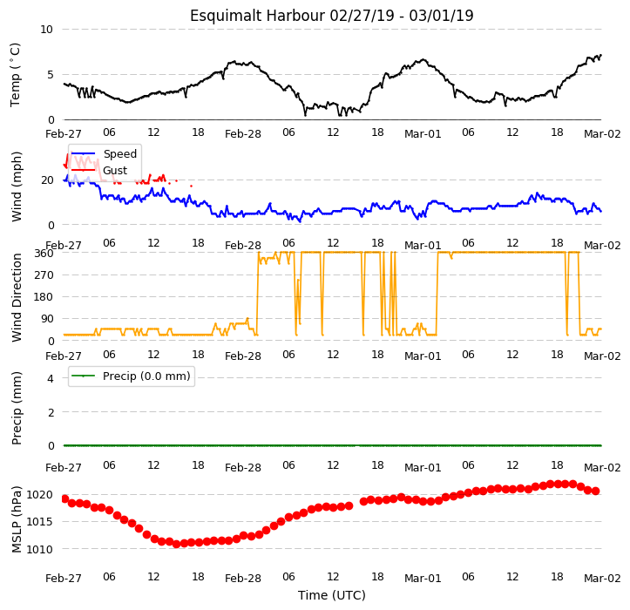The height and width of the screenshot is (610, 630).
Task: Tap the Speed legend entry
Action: pyautogui.click(x=104, y=154)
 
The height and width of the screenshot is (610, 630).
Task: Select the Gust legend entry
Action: pyautogui.click(x=99, y=171)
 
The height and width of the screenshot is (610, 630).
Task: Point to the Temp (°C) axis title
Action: pyautogui.click(x=15, y=75)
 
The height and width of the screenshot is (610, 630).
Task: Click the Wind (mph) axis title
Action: pyautogui.click(x=16, y=186)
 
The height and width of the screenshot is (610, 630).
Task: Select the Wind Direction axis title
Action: pyautogui.click(x=16, y=298)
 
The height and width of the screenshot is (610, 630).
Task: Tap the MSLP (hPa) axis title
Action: pyautogui.click(x=16, y=519)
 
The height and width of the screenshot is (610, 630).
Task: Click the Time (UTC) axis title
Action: pyautogui.click(x=331, y=595)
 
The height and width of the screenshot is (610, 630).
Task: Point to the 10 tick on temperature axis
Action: pyautogui.click(x=46, y=30)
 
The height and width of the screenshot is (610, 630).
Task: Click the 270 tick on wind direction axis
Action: pyautogui.click(x=44, y=275)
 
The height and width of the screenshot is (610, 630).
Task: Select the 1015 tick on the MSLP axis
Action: pyautogui.click(x=39, y=522)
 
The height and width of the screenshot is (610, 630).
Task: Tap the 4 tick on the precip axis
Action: pyautogui.click(x=51, y=378)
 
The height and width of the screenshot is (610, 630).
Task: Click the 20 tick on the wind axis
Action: pyautogui.click(x=47, y=180)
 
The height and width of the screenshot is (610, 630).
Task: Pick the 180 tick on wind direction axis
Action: pyautogui.click(x=44, y=297)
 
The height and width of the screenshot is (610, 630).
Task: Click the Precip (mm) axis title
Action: pyautogui.click(x=16, y=409)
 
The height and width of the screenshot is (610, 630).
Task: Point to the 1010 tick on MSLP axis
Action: pyautogui.click(x=39, y=549)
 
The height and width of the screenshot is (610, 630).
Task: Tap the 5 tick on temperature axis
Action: pyautogui.click(x=51, y=75)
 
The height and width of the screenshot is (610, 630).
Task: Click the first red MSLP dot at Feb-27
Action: pyautogui.click(x=64, y=498)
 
